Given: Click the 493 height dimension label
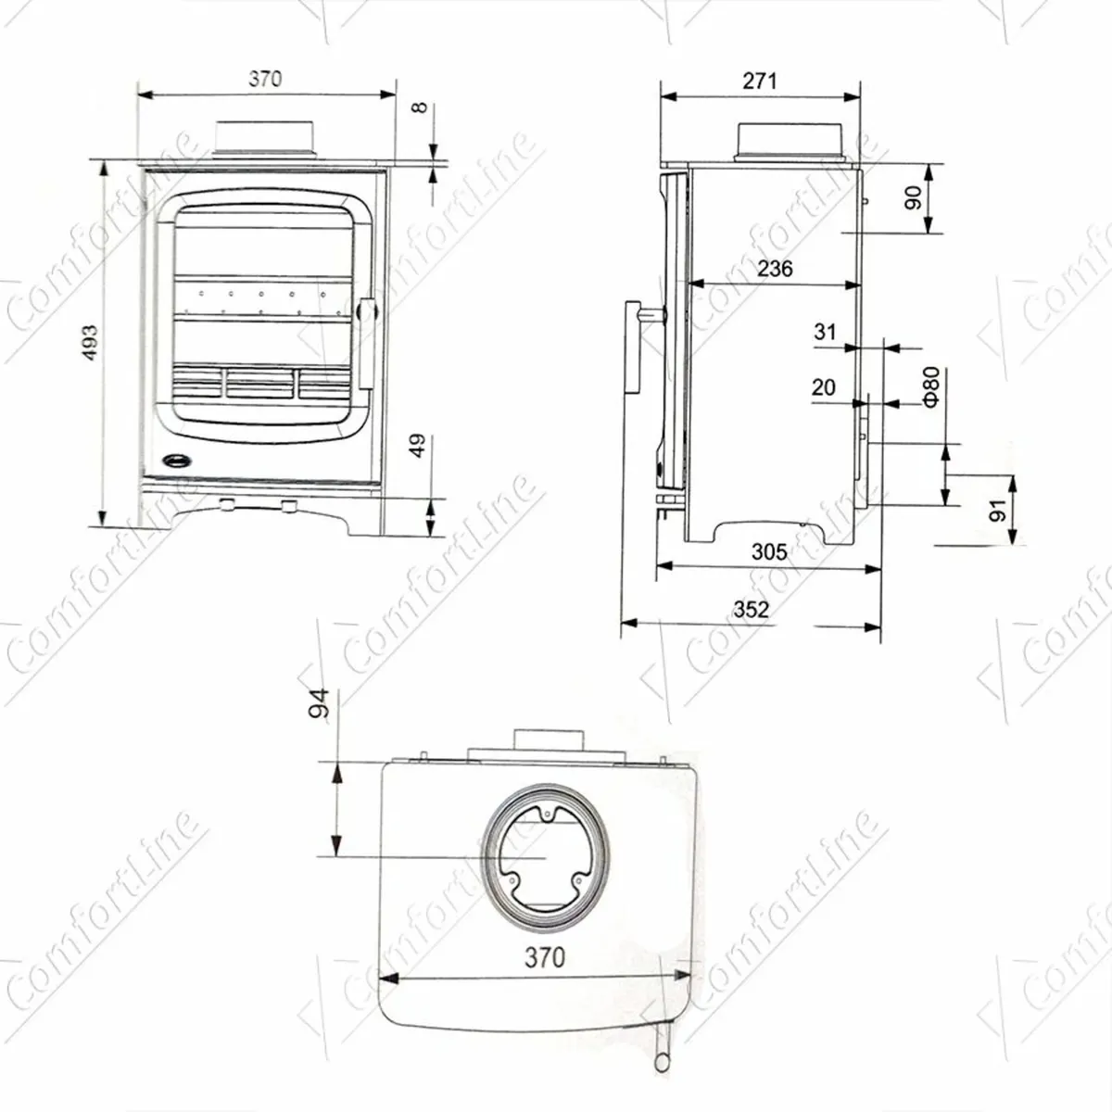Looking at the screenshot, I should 91,343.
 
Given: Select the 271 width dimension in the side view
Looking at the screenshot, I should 759,81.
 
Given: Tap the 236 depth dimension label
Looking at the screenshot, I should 775,269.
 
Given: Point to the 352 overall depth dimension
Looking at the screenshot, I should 751,609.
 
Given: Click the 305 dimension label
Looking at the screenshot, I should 768,552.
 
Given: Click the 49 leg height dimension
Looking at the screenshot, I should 418,446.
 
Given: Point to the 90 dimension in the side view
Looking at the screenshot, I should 914,198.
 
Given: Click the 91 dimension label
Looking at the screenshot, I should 997,511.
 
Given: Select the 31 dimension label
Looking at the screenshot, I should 825,332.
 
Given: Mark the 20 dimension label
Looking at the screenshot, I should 823,387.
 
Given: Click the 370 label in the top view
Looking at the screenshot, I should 544,957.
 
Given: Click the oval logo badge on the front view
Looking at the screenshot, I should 174,459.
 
